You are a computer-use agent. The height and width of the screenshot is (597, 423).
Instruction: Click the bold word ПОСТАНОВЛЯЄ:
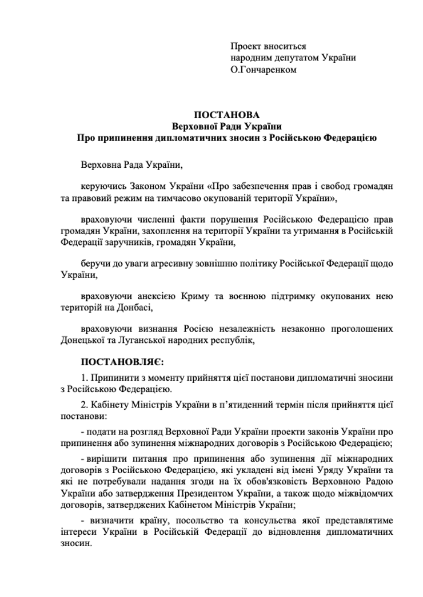[122, 362]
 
